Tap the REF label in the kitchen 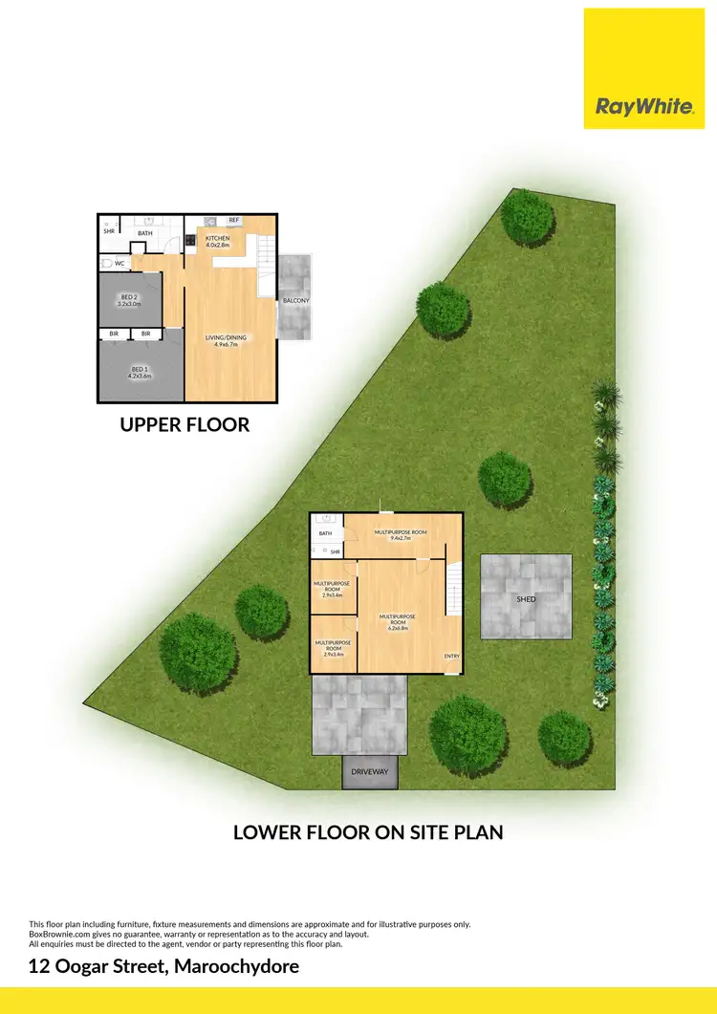point(233,221)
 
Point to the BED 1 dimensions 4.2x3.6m point(141,377)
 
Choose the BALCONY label point(295,301)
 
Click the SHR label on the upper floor point(109,231)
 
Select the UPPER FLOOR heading point(185,424)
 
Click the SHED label point(526,599)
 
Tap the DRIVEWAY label point(370,771)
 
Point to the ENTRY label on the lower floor point(451,656)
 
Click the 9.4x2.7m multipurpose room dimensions point(400,538)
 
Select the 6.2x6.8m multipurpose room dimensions point(399,628)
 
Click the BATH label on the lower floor point(325,533)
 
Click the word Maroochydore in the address point(237,966)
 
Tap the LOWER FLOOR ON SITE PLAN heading point(368,832)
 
